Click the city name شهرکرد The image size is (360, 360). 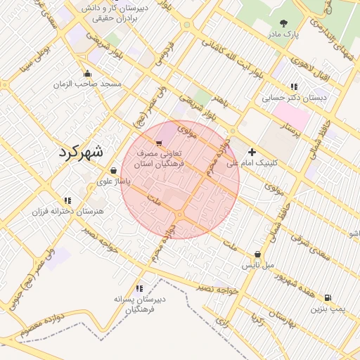click(x=80, y=151)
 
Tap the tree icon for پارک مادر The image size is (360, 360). click(x=284, y=23)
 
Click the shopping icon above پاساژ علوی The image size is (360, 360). click(x=113, y=170)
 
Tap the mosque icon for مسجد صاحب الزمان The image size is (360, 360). click(x=87, y=74)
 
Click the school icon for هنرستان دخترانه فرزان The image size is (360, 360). click(x=67, y=200)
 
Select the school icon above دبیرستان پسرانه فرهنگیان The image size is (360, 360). click(x=139, y=288)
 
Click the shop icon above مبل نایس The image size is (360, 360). click(x=257, y=255)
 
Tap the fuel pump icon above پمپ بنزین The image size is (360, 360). click(x=328, y=297)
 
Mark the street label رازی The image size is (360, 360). click(x=222, y=323)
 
